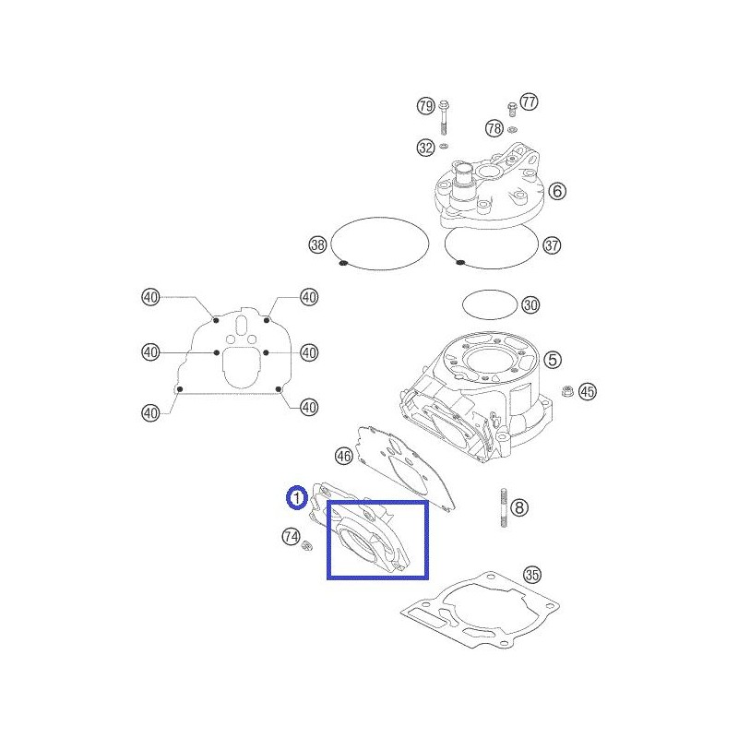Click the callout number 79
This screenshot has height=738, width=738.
click(x=426, y=105)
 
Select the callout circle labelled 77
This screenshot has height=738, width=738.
click(x=529, y=101)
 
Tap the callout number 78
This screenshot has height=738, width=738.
click(x=494, y=128)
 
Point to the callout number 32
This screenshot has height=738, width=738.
click(x=426, y=148)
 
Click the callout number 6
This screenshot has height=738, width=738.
click(x=557, y=191)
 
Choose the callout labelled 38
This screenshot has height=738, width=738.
click(x=317, y=244)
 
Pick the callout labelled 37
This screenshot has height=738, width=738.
click(x=552, y=245)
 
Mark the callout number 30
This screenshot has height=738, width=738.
click(x=530, y=305)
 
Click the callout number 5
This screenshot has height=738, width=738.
click(x=553, y=360)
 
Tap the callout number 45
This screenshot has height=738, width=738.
click(x=587, y=391)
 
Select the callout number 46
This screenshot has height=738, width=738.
click(x=343, y=456)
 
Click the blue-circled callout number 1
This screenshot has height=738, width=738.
click(x=297, y=497)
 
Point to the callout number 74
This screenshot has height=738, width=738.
click(x=291, y=537)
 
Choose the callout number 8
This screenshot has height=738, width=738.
click(x=519, y=507)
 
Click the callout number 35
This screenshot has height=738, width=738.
click(x=532, y=574)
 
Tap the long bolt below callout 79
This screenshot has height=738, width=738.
click(x=443, y=118)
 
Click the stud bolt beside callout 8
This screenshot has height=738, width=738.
click(x=504, y=508)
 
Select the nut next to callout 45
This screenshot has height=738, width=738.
click(x=567, y=390)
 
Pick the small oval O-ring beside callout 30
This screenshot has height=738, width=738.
click(x=490, y=304)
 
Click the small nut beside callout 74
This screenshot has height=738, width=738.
click(x=307, y=546)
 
